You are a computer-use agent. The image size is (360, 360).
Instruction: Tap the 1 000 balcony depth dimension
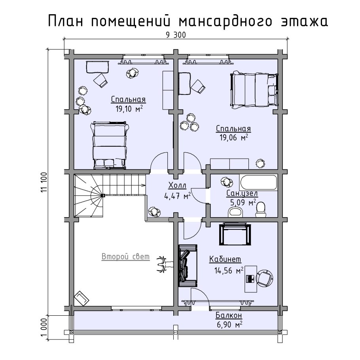point(44,327)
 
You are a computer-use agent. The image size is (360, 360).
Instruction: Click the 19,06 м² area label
point(233,138)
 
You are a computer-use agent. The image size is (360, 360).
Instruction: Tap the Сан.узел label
point(242,193)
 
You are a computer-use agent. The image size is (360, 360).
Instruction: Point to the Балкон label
point(229,316)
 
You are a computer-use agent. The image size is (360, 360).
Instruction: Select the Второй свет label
point(125,257)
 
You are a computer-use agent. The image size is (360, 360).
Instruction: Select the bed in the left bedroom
point(110,144)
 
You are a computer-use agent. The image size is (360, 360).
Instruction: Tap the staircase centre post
point(102,195)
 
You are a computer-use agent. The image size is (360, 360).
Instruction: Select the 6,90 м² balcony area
point(229,325)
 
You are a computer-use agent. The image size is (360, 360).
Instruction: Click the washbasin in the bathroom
point(236,212)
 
